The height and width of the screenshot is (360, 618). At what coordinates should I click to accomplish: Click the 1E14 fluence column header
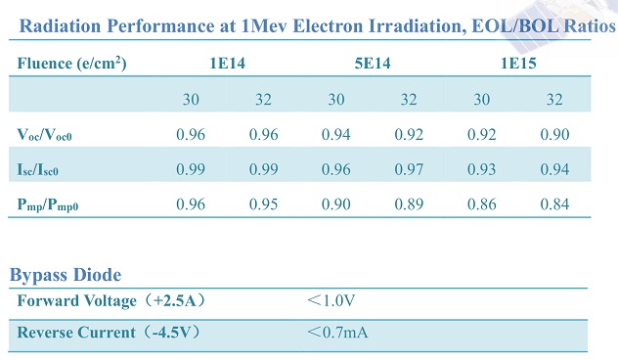(x=227, y=63)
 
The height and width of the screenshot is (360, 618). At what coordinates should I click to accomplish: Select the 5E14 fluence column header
(x=373, y=63)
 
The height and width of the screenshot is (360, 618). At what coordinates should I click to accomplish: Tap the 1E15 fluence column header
(x=518, y=63)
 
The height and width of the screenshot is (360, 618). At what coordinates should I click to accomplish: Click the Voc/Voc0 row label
(x=45, y=135)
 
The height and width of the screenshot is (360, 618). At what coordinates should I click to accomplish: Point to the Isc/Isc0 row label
(x=38, y=169)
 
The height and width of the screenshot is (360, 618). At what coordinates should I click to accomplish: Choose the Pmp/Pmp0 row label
(x=48, y=204)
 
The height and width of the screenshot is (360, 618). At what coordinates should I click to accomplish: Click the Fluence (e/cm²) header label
(x=71, y=63)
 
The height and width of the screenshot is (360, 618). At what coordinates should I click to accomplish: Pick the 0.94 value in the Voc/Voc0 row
(x=335, y=134)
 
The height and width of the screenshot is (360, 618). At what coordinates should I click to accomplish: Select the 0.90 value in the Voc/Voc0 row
(x=554, y=134)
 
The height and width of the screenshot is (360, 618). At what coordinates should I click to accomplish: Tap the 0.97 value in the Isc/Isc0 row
(x=409, y=169)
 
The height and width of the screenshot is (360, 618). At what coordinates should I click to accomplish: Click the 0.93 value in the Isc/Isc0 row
(x=482, y=169)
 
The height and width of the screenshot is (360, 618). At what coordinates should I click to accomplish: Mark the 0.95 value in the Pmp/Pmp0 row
(x=263, y=203)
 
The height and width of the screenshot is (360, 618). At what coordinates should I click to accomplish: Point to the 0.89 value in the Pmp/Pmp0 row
(x=409, y=203)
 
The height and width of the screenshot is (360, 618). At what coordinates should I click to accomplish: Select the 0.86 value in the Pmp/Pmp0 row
(x=482, y=203)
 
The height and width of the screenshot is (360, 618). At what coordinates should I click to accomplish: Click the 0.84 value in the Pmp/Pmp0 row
(x=554, y=203)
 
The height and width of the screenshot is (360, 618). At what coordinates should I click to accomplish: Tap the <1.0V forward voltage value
(x=331, y=301)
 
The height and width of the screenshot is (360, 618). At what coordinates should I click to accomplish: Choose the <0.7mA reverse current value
(x=337, y=333)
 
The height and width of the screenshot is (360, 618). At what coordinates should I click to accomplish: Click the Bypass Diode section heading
(x=66, y=275)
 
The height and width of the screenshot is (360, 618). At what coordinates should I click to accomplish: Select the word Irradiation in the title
(x=416, y=26)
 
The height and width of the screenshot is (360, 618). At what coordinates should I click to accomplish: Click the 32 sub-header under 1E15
(x=554, y=100)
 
